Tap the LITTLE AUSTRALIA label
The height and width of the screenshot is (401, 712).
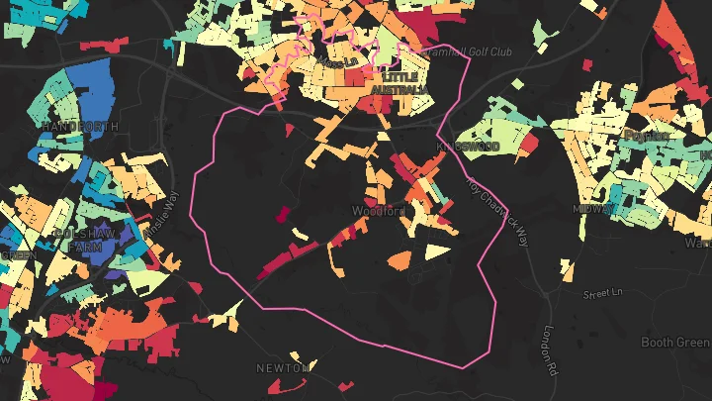click(400, 83)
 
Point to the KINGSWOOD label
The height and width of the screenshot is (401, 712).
click(469, 147)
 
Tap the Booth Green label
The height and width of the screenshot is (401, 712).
click(675, 343)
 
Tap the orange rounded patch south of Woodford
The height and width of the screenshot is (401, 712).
click(400, 260)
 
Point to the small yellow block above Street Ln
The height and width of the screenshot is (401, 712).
click(568, 270)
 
